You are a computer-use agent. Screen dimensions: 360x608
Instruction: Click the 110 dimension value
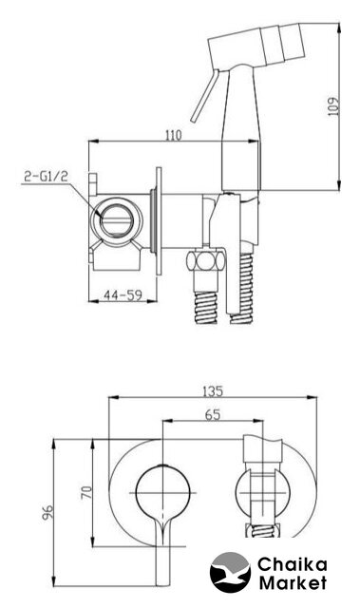click(x=173, y=135)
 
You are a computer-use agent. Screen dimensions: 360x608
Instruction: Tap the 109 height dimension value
click(x=332, y=106)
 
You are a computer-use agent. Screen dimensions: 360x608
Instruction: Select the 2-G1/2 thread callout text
click(x=46, y=177)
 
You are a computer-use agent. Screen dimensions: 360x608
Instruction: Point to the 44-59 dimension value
click(x=123, y=295)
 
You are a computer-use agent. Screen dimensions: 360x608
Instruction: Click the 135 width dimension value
click(x=213, y=390)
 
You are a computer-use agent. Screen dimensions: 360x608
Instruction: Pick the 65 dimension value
click(x=213, y=414)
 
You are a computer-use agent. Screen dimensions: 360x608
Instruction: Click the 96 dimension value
click(x=47, y=511)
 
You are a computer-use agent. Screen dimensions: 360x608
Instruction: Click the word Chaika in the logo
click(x=293, y=564)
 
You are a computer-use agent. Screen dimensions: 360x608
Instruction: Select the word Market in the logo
click(x=293, y=582)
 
